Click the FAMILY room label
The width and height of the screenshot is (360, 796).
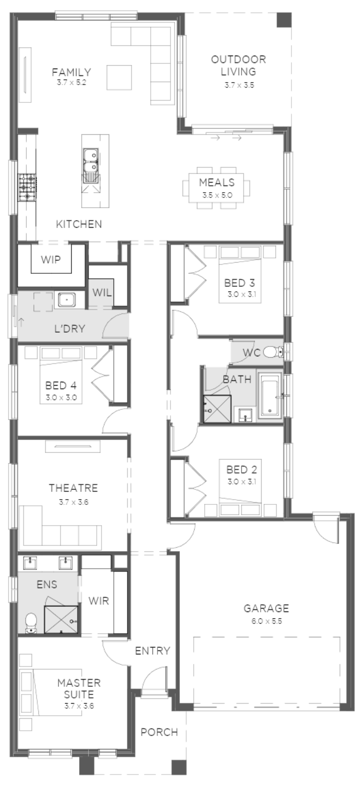(71, 72)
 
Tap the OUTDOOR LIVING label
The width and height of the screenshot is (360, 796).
(239, 65)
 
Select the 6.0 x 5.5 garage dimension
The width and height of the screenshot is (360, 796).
(266, 622)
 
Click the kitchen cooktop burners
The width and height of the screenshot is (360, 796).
(27, 187)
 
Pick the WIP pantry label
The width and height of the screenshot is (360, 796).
(51, 260)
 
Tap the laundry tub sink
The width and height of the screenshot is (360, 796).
(66, 299)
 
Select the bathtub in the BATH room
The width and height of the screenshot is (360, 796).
(270, 396)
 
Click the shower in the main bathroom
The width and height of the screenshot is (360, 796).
(217, 409)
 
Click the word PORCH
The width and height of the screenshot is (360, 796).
(159, 732)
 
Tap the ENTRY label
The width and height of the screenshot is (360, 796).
(152, 650)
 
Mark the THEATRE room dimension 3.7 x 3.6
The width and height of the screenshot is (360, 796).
(73, 502)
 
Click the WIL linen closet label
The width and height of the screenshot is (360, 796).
(102, 292)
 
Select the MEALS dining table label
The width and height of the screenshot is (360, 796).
(217, 182)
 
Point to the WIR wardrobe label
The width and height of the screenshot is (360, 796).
(98, 600)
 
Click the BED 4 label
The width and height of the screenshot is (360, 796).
(61, 385)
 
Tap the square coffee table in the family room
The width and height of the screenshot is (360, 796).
(119, 77)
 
